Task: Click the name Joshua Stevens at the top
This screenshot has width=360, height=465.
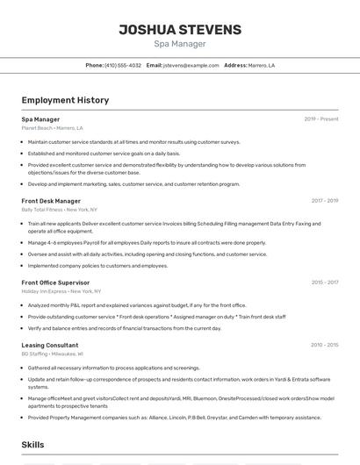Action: point(180,30)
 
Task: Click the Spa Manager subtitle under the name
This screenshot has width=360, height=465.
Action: point(180,44)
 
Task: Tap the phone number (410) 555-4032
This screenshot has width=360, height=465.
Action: point(122,66)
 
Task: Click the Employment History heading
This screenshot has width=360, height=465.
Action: point(65,101)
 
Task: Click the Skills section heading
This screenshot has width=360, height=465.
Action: point(33,445)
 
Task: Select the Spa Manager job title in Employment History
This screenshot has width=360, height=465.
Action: point(40,119)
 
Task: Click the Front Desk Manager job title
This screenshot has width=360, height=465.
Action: point(51,201)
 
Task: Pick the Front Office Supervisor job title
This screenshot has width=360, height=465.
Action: point(55,283)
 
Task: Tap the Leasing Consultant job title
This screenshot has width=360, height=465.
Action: point(50,346)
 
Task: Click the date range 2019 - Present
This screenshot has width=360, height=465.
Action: point(321,119)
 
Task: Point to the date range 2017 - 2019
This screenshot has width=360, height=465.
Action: point(324,201)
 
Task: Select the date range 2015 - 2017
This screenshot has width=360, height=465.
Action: point(324,283)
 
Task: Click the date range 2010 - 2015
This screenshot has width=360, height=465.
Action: point(324,346)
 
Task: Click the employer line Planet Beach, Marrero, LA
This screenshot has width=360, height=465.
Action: point(54,128)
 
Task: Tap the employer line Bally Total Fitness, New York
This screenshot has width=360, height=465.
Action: point(60,210)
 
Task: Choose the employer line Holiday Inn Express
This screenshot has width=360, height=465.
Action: point(61,291)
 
